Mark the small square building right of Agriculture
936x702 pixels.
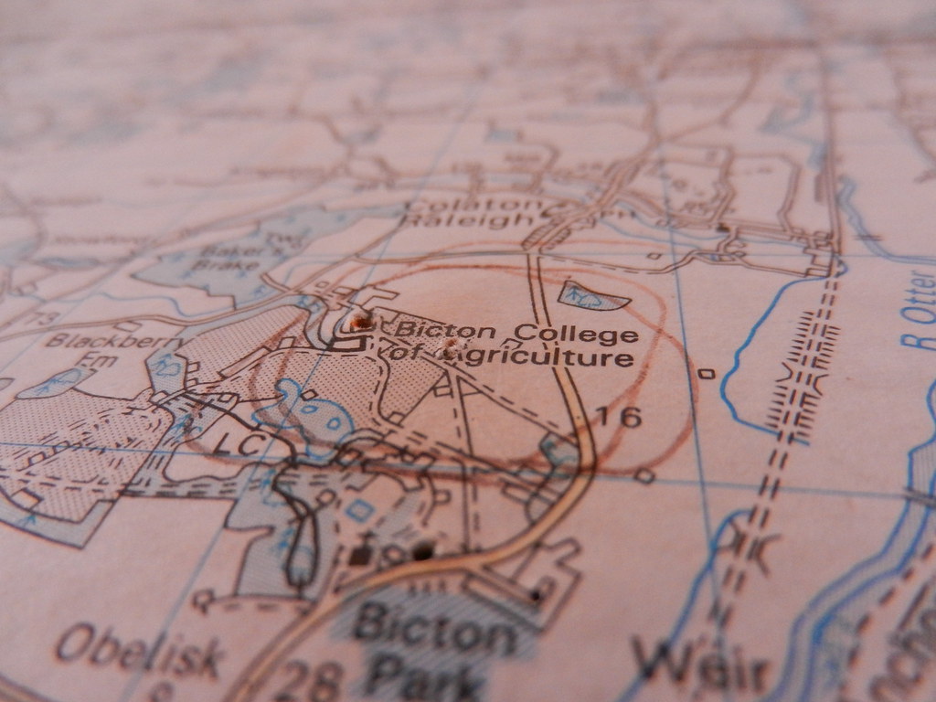[x=705, y=373]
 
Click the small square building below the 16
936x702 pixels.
[x=645, y=475]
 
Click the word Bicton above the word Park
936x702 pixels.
[x=434, y=630]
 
